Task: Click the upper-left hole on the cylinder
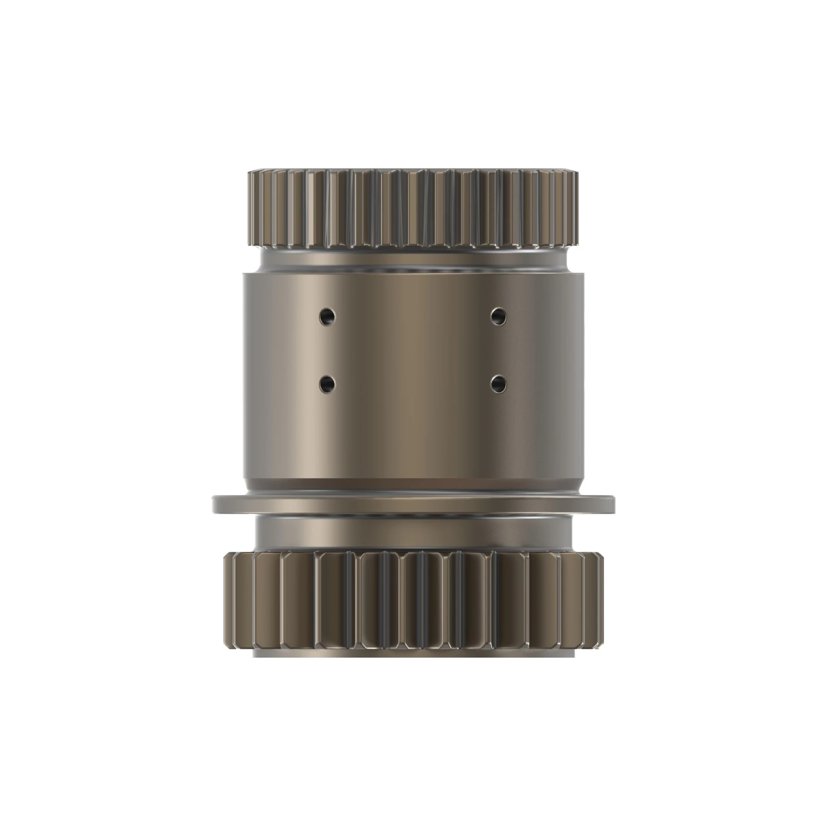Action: tap(327, 317)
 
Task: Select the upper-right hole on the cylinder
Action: tap(498, 316)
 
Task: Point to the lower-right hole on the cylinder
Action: tap(498, 384)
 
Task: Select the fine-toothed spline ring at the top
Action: tap(413, 209)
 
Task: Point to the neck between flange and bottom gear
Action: tap(413, 534)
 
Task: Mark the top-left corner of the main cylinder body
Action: tap(244, 275)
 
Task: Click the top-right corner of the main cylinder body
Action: tap(582, 275)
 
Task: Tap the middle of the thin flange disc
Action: tap(413, 505)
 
